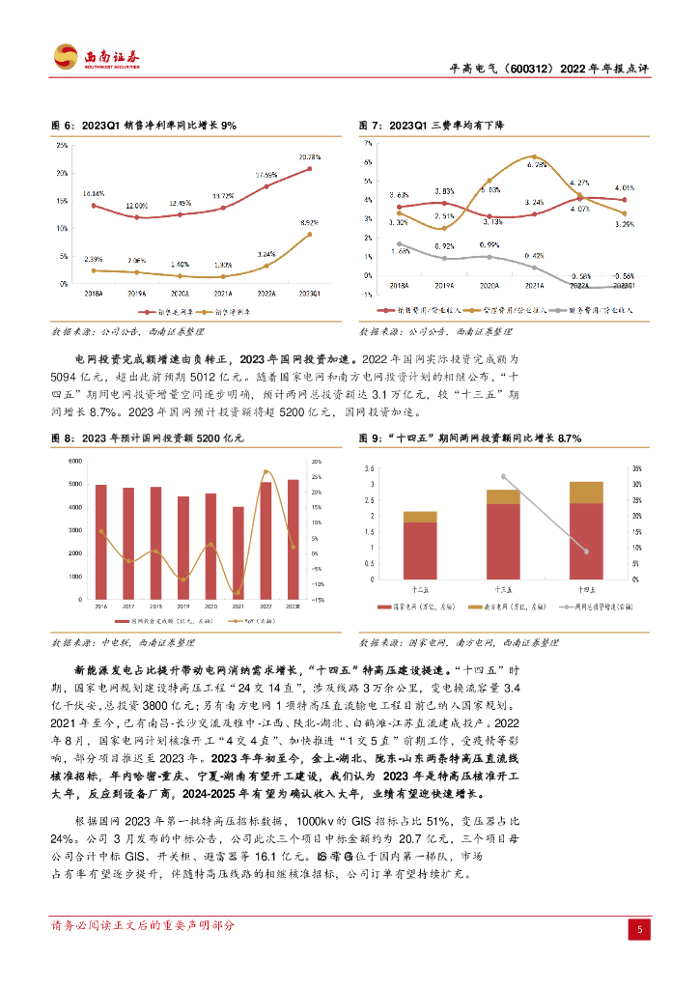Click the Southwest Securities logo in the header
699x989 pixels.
pos(96,57)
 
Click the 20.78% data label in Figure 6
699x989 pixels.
pos(310,156)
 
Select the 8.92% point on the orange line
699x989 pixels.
pos(309,234)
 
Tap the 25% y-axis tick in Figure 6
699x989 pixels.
pos(62,146)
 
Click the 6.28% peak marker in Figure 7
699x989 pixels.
pos(534,156)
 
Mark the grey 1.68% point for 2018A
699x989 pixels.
pos(399,244)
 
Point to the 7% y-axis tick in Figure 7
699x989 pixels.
pos(368,140)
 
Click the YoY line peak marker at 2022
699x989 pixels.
pos(266,472)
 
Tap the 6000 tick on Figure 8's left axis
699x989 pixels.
pos(74,462)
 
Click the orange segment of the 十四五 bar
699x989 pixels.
pos(585,492)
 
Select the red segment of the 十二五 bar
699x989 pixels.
pos(420,550)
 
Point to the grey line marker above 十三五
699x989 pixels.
pos(502,476)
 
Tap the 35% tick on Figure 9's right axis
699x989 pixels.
pos(634,468)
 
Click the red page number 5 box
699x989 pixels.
pos(638,929)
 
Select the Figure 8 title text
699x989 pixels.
pos(145,438)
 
